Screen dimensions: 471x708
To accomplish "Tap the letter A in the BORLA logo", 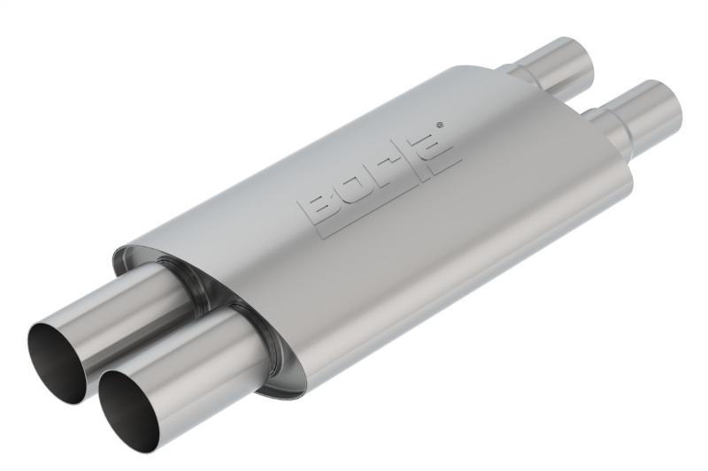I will (x=440, y=144).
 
